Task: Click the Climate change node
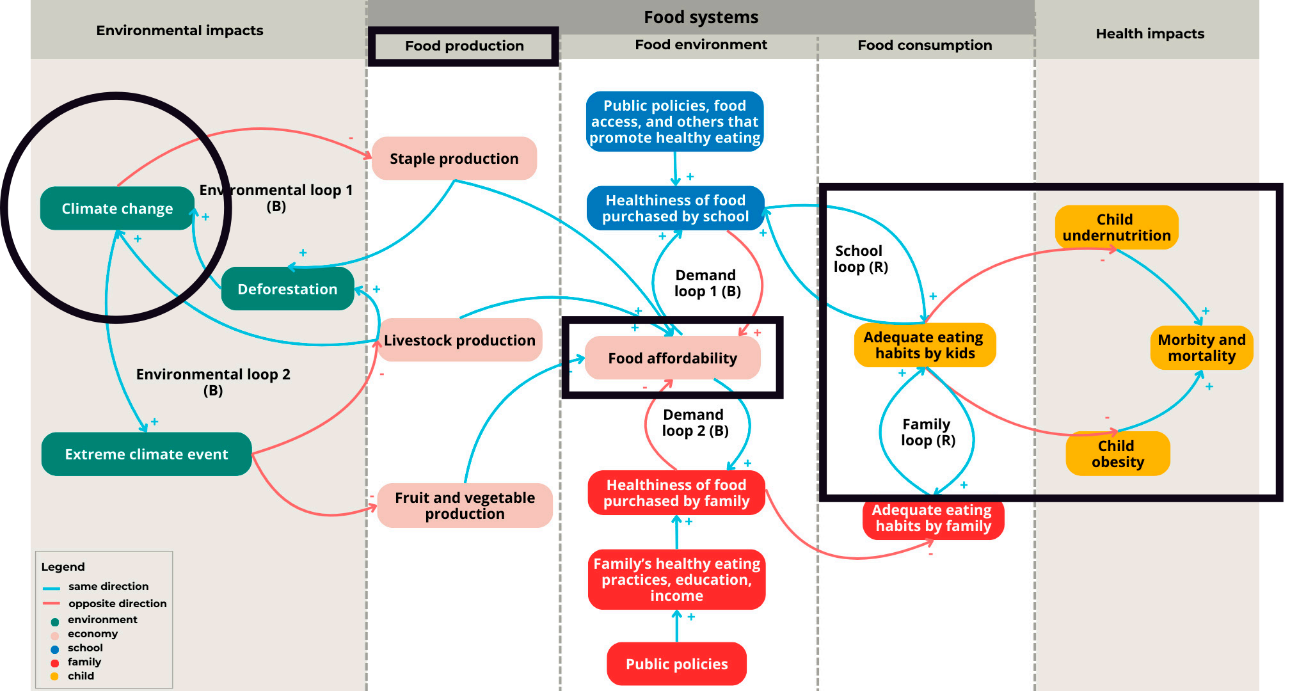click(x=117, y=209)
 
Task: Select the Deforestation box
click(x=287, y=289)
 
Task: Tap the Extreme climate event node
click(x=146, y=454)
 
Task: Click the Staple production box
click(x=454, y=159)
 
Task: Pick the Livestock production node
click(x=459, y=340)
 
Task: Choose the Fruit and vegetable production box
click(x=465, y=505)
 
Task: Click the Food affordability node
click(x=673, y=358)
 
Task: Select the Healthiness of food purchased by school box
click(x=675, y=209)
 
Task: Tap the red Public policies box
click(x=676, y=664)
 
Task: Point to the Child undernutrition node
click(x=1117, y=228)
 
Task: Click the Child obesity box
click(x=1117, y=454)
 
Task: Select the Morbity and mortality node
click(x=1201, y=348)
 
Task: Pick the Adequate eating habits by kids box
click(x=925, y=345)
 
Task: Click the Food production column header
click(x=464, y=46)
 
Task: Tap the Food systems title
click(x=701, y=17)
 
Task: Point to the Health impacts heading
click(x=1150, y=34)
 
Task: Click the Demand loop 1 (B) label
click(x=707, y=283)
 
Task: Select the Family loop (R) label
click(x=928, y=433)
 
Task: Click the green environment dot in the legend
click(x=55, y=621)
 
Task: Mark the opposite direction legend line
click(x=51, y=603)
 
